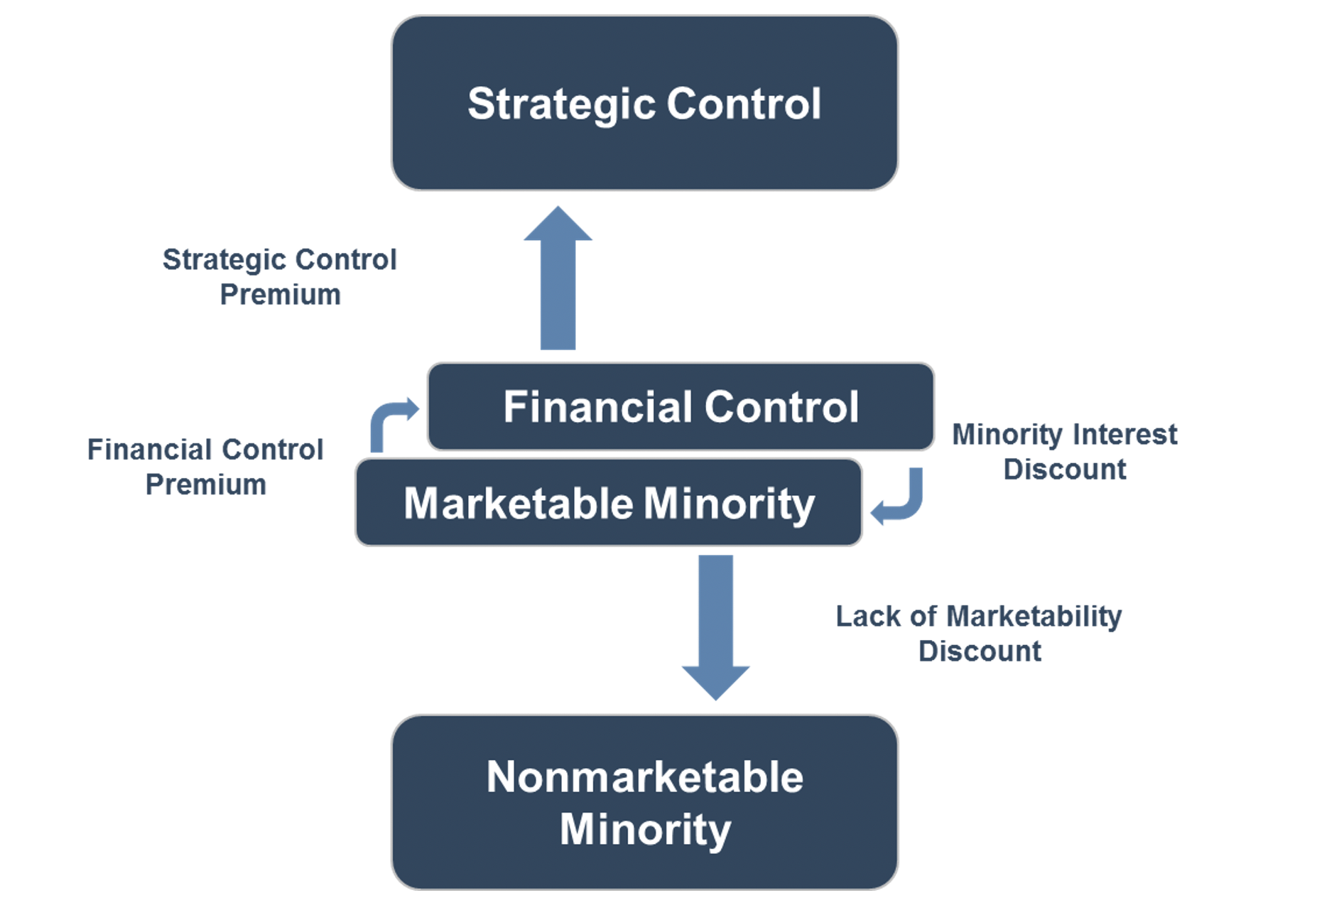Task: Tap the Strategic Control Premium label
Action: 280,277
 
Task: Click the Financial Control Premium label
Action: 205,467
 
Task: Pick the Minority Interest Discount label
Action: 1064,451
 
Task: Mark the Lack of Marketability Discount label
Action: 978,633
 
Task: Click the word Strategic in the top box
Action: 560,104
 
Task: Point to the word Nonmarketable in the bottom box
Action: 644,776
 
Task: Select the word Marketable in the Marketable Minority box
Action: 518,504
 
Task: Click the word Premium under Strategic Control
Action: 280,295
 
